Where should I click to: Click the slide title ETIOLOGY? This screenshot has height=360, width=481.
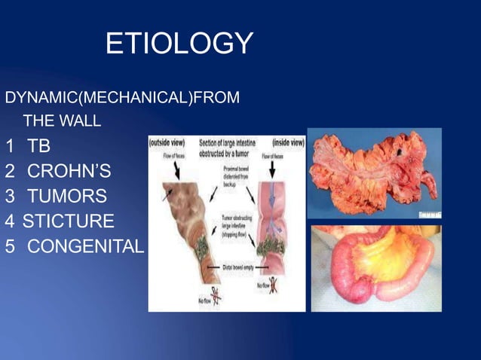click(x=179, y=44)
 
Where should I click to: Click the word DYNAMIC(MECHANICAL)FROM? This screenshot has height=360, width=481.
click(x=122, y=98)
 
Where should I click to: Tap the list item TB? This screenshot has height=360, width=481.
click(x=38, y=145)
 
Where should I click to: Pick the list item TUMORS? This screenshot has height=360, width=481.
click(x=67, y=197)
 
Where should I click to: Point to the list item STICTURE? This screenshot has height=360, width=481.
click(x=69, y=221)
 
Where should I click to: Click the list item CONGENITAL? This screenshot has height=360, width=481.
click(x=85, y=247)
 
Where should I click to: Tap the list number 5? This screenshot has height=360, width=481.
click(x=10, y=247)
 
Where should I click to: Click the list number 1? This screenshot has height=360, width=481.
click(x=10, y=145)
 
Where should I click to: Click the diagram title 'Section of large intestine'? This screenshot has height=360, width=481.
click(x=228, y=142)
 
